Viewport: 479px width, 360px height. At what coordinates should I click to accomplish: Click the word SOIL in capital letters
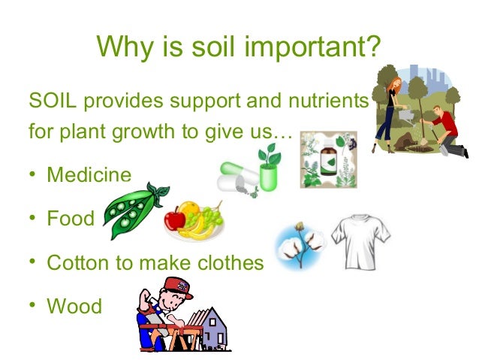click(x=50, y=100)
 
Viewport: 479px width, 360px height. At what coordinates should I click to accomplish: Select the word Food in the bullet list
click(x=71, y=219)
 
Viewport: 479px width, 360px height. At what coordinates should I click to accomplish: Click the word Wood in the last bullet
click(x=74, y=306)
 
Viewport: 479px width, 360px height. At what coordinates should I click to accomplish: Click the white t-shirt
click(x=360, y=241)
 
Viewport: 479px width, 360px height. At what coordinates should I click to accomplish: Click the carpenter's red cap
click(x=175, y=286)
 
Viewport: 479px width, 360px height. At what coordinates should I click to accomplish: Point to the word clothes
click(x=230, y=262)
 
